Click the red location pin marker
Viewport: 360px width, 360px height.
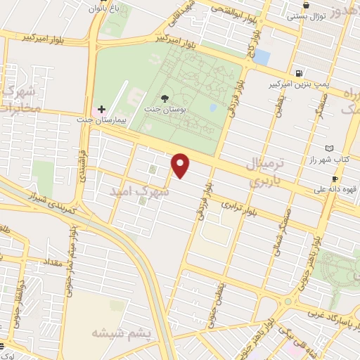coord(181,165)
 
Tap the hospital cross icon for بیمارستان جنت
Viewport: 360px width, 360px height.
coord(102,109)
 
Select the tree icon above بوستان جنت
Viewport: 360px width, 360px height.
coord(165,98)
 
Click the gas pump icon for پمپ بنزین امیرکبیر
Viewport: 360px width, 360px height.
coord(300,73)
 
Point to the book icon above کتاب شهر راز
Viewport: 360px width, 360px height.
coord(330,148)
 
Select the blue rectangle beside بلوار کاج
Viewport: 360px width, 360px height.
coord(262,56)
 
